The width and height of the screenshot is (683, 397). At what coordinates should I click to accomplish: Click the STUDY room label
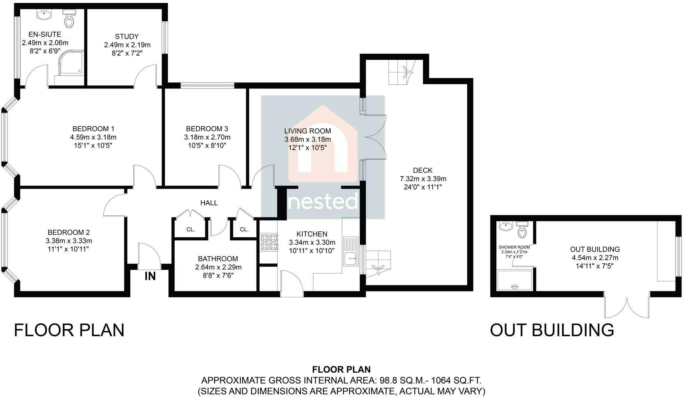[127, 37]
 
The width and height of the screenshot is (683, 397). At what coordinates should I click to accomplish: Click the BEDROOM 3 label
[207, 129]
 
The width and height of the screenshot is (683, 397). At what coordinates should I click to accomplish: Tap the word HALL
[209, 203]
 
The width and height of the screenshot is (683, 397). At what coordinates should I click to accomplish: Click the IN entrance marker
[150, 276]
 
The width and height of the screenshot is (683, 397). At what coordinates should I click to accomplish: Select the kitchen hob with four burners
[269, 242]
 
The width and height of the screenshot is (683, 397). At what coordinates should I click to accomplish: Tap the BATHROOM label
[218, 259]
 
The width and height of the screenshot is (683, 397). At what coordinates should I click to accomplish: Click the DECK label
[423, 171]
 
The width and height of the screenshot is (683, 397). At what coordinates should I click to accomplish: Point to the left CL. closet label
[191, 229]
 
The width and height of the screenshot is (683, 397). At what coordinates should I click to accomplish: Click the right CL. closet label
[244, 229]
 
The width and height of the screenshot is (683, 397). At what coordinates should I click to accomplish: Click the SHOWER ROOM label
[514, 247]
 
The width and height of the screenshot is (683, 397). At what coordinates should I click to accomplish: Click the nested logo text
[323, 201]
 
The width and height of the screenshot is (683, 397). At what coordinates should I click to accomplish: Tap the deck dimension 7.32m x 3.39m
[423, 179]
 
